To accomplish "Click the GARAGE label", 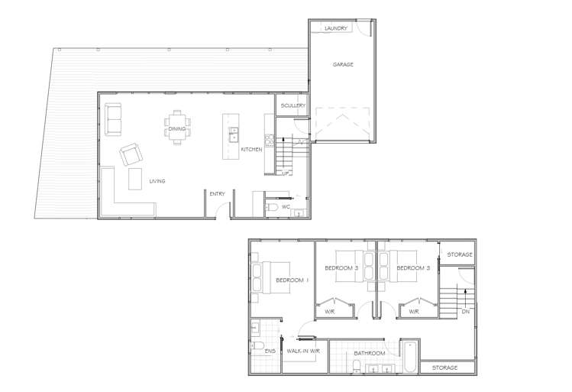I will (342, 65).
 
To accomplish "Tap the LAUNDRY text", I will (336, 28).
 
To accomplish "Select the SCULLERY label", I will (293, 105).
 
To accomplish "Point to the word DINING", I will (177, 128).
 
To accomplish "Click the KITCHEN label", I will (251, 150).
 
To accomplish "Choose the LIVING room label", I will (157, 181).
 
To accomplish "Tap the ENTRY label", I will (217, 194).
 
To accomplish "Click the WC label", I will (286, 207).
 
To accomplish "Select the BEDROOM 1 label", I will (292, 280).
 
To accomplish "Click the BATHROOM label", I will (368, 353).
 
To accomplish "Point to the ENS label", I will (270, 352).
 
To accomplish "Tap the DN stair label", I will (465, 311).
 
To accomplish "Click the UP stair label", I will (286, 173).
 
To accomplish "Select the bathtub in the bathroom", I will (409, 357).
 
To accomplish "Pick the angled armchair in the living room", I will (131, 155).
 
